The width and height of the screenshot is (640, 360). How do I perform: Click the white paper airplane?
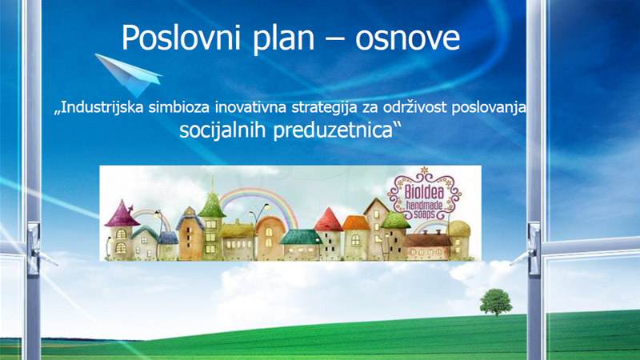click(129, 74)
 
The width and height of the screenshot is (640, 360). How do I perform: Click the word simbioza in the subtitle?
click(179, 107)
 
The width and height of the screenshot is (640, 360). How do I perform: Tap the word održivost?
click(415, 107)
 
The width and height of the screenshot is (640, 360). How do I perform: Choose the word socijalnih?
click(223, 130)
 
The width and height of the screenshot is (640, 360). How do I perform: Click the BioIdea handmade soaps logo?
click(425, 195)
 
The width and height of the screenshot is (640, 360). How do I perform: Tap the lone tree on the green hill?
click(496, 302)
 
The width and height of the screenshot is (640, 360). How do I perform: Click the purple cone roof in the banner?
click(122, 214)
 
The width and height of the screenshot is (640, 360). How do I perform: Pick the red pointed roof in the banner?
click(328, 221)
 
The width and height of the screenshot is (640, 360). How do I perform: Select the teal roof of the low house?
click(302, 237)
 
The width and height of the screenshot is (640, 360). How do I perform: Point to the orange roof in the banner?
click(356, 223)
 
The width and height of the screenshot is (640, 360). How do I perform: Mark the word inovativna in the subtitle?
click(251, 107)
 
